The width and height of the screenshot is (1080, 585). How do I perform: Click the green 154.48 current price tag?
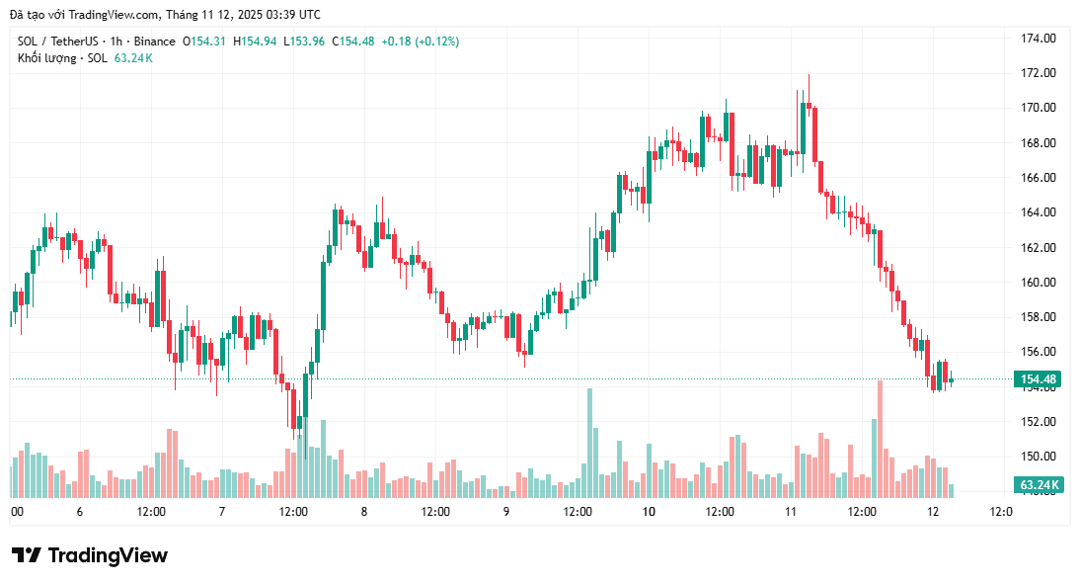(1038, 379)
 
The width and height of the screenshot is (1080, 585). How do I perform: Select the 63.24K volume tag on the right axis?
(1038, 485)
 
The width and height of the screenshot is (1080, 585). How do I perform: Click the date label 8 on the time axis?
(364, 512)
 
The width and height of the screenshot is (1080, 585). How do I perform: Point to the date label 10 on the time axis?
(649, 512)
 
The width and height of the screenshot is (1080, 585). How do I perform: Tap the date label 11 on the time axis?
(791, 512)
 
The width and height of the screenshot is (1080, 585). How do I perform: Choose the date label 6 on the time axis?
(79, 512)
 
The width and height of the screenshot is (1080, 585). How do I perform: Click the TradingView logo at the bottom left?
(90, 555)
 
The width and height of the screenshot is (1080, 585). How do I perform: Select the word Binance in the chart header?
(155, 42)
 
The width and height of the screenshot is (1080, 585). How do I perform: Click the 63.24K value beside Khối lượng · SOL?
(133, 58)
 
